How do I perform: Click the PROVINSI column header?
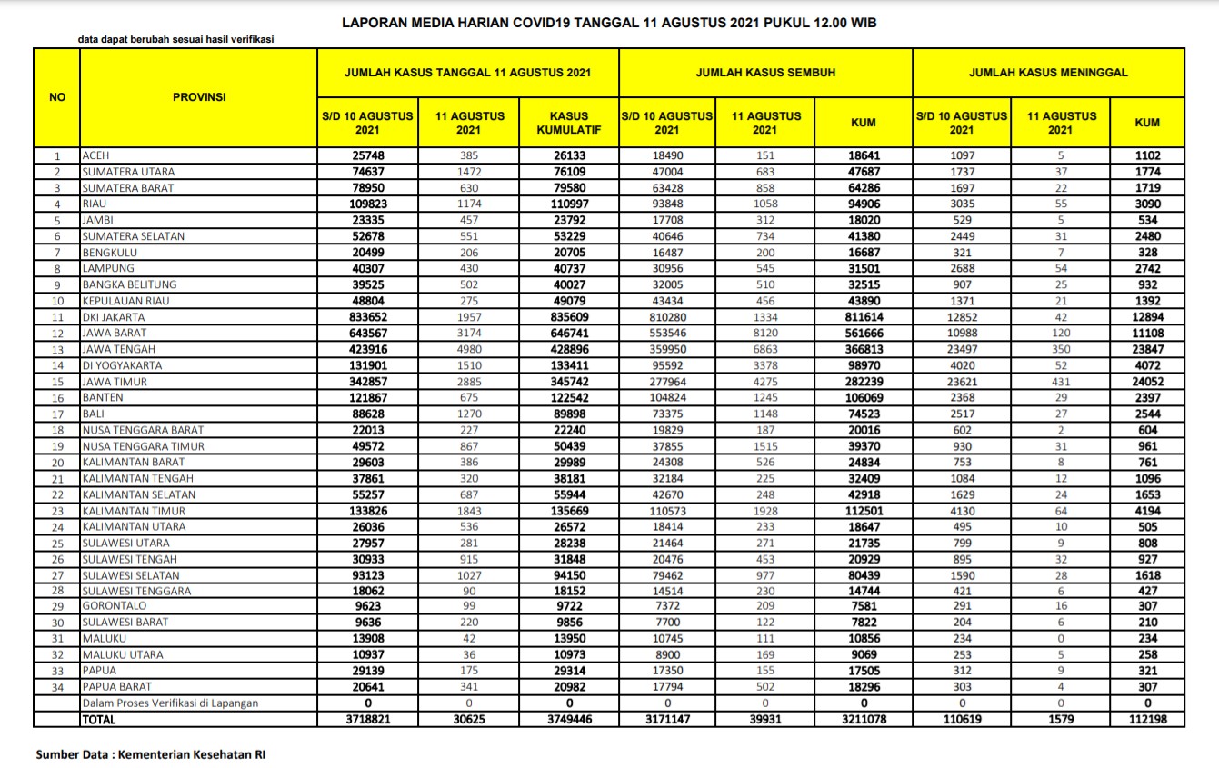point(199,96)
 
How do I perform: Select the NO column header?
point(57,96)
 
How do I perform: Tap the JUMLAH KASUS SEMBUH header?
point(765,72)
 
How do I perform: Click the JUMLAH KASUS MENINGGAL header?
point(1048,72)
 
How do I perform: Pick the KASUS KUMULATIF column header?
point(569,123)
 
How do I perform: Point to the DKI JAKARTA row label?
point(114,318)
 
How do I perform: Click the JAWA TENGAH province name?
point(118,350)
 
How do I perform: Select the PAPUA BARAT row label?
point(117,687)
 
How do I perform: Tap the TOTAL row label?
point(99,719)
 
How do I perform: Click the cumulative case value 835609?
point(569,318)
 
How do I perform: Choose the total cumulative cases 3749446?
point(569,719)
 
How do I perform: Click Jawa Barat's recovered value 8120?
point(765,334)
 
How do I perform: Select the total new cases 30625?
point(469,719)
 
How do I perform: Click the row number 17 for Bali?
point(57,414)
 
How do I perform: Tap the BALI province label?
point(94,414)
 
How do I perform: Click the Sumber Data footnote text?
point(150,754)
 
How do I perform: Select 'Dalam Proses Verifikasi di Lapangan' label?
point(171,703)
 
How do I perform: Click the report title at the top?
point(609,21)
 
